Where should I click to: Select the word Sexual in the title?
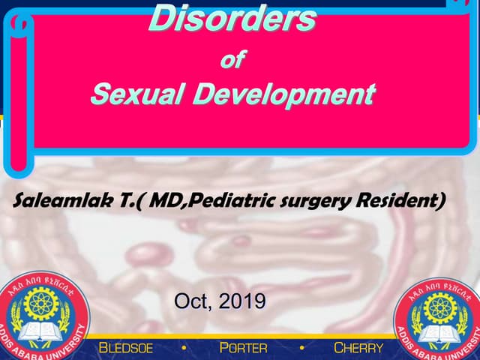[x=132, y=95]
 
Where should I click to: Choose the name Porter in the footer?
[x=244, y=348]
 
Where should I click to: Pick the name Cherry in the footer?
[x=358, y=348]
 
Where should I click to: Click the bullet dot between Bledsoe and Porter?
[x=184, y=348]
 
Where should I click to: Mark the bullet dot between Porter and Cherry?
[x=301, y=348]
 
